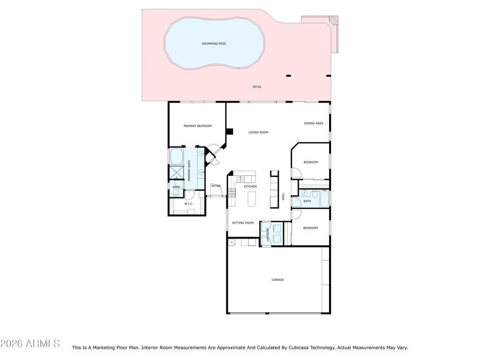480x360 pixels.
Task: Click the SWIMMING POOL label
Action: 214,44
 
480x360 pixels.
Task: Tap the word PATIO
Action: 257,87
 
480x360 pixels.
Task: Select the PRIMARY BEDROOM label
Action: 197,126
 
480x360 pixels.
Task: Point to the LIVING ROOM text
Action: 258,132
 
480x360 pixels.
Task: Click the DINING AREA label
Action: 314,123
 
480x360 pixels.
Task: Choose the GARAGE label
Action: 277,280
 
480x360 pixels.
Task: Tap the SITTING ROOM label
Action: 243,223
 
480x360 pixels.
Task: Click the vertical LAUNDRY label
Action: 268,234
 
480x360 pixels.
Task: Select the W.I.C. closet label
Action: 188,204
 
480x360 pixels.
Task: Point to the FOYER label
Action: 216,186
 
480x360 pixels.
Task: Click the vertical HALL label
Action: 283,196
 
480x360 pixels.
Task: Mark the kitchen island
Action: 252,199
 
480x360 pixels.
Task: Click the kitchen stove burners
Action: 232,193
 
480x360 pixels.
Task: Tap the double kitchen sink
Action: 240,179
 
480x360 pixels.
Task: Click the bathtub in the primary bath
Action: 176,156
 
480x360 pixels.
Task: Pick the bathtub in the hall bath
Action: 324,198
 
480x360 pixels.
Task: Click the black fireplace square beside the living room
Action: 229,131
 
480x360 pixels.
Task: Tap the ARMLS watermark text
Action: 43,344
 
